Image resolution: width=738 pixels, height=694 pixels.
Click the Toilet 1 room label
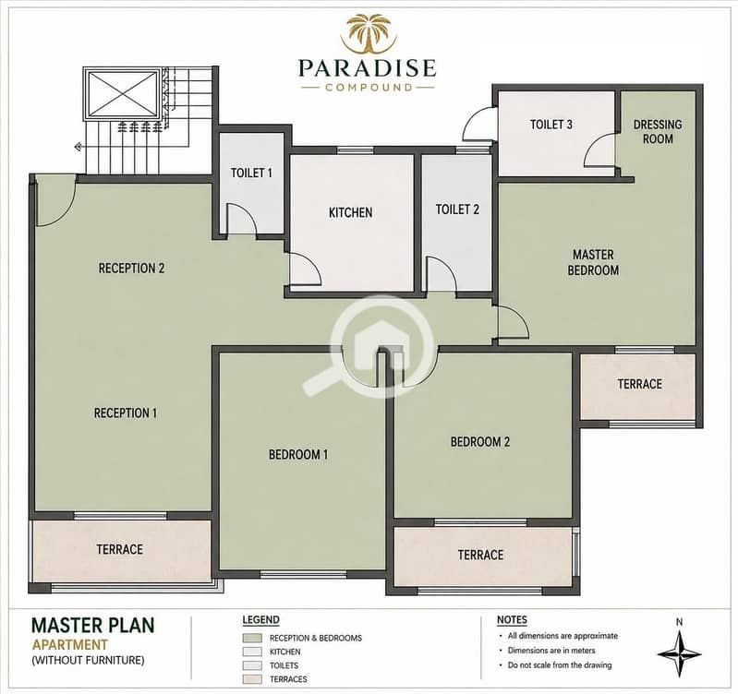click(x=251, y=173)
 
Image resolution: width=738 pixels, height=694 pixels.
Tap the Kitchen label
click(x=351, y=212)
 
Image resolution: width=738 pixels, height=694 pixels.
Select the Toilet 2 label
click(x=457, y=209)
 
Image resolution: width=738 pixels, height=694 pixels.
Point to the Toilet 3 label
click(x=551, y=125)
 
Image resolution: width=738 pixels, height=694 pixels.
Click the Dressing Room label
click(x=658, y=132)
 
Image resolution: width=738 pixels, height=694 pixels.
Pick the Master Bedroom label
click(x=593, y=262)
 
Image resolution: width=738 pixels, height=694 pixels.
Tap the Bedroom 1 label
click(x=298, y=455)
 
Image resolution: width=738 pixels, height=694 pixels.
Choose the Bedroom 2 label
click(x=480, y=442)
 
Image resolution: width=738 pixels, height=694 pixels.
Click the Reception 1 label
click(x=126, y=413)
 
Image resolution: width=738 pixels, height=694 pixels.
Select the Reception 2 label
click(x=131, y=269)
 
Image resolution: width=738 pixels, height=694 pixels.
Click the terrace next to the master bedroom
click(x=637, y=387)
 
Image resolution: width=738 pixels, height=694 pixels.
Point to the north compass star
click(x=679, y=654)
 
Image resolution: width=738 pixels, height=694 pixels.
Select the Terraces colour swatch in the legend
click(x=252, y=679)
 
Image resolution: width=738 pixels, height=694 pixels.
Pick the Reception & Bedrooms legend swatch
click(x=252, y=638)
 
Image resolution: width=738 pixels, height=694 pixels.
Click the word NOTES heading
click(x=512, y=620)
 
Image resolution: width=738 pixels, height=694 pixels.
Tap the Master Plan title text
click(x=92, y=625)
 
